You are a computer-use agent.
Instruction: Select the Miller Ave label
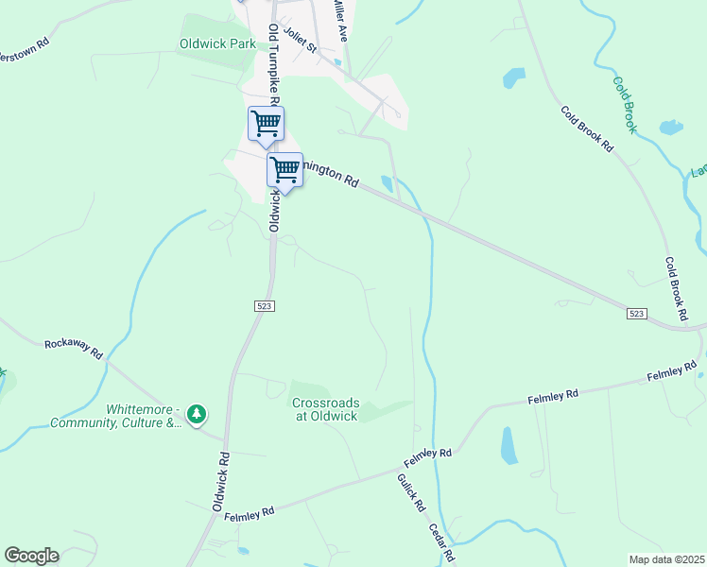pos(339,19)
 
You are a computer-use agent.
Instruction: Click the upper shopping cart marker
pos(266,123)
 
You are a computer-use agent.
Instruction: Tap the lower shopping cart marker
pos(285,169)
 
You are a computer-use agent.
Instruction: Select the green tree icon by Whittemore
pos(197,413)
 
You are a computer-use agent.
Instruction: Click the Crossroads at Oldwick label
pos(324,408)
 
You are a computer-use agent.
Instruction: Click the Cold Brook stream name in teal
pos(625,103)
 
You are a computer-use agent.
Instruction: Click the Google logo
pos(31,555)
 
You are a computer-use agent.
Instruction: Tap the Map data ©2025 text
pos(665,559)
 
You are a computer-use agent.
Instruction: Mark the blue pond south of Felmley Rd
pos(509,445)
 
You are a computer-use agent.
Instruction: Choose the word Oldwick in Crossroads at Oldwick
pos(336,416)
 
